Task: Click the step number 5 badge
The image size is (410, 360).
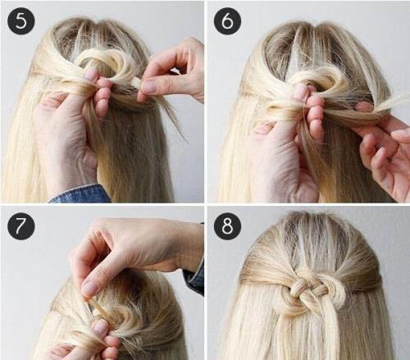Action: click(x=21, y=21)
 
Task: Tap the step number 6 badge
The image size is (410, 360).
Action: click(x=227, y=21)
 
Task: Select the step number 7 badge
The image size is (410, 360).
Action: click(x=21, y=226)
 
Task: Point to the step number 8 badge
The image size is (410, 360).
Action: click(x=227, y=226)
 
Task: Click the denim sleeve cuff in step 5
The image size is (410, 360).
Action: click(x=80, y=194)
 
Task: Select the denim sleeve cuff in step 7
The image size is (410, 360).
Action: click(x=194, y=276)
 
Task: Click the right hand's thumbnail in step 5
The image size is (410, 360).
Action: click(x=150, y=87)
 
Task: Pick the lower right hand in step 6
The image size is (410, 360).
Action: click(x=385, y=153)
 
